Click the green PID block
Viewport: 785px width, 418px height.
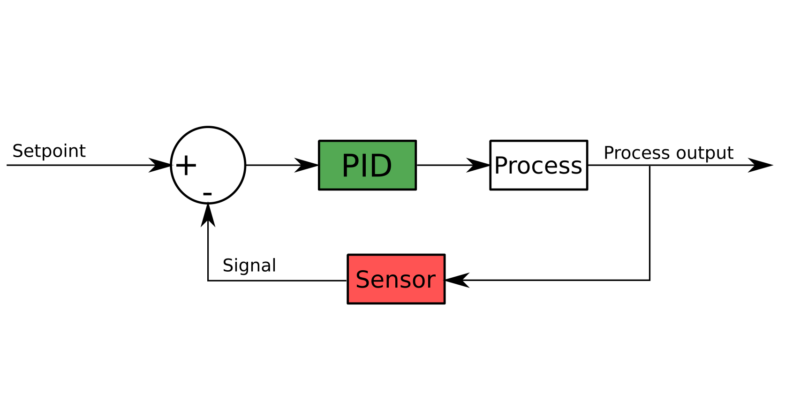368,165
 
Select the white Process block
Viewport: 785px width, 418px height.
539,165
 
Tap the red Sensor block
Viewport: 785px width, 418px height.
396,279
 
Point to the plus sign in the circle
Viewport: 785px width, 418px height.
186,165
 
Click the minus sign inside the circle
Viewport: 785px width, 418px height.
207,194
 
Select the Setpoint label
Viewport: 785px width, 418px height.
49,152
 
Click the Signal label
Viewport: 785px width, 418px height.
249,266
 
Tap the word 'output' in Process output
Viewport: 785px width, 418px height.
705,153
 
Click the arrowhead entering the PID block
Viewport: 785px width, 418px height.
306,165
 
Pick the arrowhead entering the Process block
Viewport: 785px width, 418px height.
478,165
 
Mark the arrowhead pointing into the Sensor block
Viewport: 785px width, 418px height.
457,280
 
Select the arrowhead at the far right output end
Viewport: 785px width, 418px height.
761,165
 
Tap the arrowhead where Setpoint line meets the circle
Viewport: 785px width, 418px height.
160,165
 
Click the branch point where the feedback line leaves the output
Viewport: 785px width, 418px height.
650,165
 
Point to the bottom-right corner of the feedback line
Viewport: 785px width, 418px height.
650,280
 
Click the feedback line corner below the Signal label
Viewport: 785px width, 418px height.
208,281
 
